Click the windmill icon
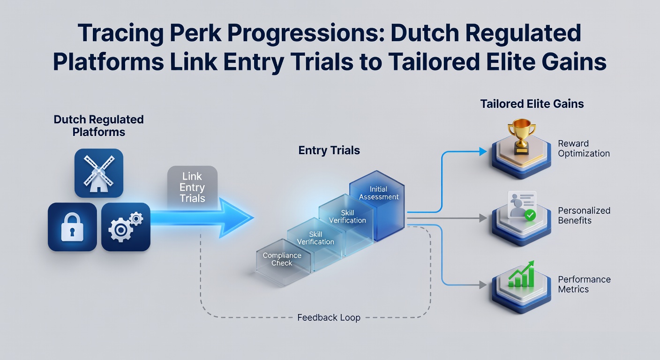(x=99, y=173)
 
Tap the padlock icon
(x=72, y=227)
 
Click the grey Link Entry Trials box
(x=192, y=187)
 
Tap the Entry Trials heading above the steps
(x=329, y=150)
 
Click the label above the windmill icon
(x=98, y=126)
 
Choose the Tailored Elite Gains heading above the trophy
(x=532, y=104)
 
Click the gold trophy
(x=522, y=136)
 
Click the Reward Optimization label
(x=584, y=148)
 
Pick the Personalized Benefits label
(x=584, y=215)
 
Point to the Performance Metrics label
(x=584, y=284)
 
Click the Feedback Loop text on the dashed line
(x=329, y=318)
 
